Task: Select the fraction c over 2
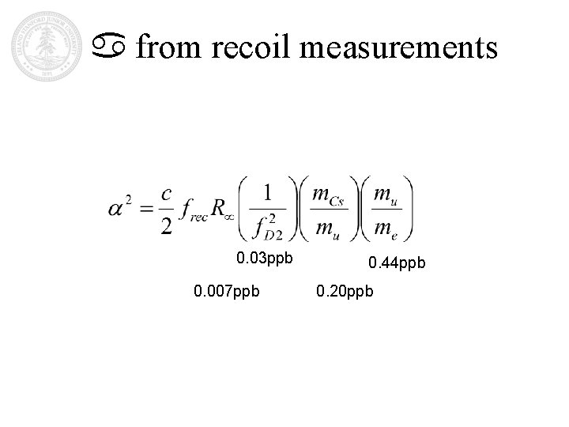coord(167,210)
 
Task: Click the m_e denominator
coord(385,229)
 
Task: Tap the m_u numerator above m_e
coord(385,194)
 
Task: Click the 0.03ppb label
coord(265,258)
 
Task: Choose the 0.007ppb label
coord(225,294)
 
